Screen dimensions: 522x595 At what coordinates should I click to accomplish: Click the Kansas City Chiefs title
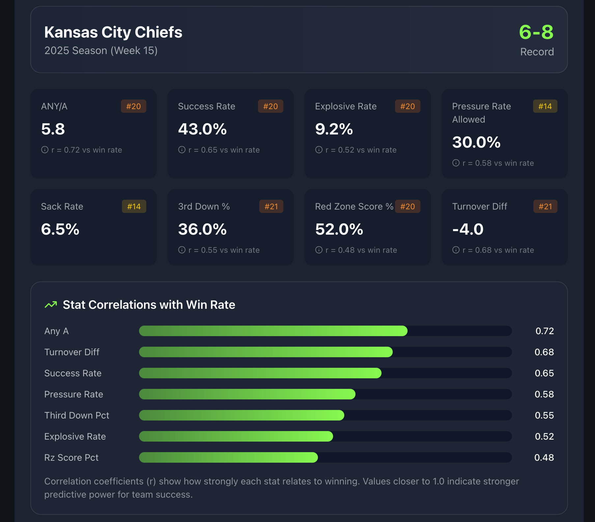pos(113,32)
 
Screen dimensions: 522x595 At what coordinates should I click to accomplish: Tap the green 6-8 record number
pos(536,32)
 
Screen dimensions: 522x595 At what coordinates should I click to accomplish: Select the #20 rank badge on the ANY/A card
pos(133,106)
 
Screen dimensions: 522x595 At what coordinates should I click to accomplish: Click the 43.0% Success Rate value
pos(202,129)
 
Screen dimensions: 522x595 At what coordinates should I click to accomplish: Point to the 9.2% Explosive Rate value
pos(334,129)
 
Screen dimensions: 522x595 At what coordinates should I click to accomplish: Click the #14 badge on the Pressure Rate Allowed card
pos(545,106)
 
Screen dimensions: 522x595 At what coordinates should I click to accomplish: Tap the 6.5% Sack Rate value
pos(60,229)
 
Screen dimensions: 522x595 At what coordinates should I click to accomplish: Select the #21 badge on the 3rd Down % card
pos(271,207)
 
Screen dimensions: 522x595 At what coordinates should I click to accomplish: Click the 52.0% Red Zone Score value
pos(339,229)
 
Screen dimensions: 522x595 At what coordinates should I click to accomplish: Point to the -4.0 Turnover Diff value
pos(468,229)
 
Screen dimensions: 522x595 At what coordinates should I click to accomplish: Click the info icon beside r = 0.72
pos(45,150)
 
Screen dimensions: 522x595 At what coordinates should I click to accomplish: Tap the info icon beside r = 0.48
pos(319,250)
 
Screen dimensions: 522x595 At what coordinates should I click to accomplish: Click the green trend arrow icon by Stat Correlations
pos(51,305)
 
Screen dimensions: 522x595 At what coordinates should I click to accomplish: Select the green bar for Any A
pos(273,331)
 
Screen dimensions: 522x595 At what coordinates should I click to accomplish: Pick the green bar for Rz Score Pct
pos(228,457)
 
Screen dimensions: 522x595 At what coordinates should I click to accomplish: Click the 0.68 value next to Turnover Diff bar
pos(544,352)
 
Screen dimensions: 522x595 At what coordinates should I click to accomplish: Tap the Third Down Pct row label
pos(77,415)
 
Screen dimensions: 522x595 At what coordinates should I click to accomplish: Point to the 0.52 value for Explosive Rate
pos(544,436)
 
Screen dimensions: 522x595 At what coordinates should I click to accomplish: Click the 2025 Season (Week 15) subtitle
pos(101,51)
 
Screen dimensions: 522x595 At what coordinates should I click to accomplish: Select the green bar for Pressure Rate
pos(247,394)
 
